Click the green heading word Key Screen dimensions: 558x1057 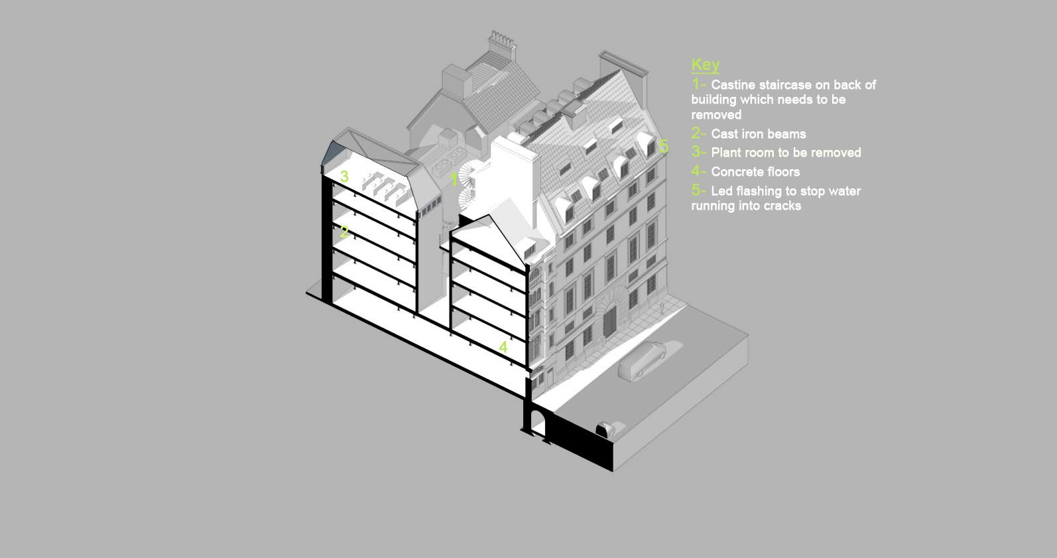click(x=705, y=64)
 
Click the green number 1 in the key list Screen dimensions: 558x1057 click(x=696, y=85)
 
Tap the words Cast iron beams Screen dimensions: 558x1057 click(x=759, y=133)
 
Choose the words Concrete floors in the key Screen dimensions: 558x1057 click(x=755, y=172)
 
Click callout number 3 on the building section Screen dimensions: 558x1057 click(x=344, y=176)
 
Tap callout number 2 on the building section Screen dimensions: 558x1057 click(x=344, y=232)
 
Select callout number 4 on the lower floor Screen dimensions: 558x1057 click(x=503, y=347)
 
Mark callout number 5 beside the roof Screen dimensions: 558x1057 click(x=664, y=146)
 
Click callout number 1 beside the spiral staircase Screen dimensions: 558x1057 click(x=454, y=179)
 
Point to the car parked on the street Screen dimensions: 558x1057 click(x=642, y=360)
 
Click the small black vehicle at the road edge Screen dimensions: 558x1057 click(x=605, y=429)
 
